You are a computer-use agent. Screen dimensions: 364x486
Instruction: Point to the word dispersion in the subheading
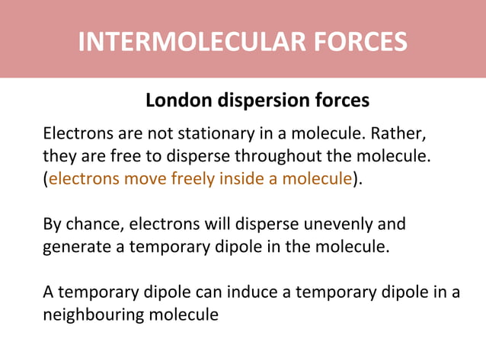click(x=261, y=101)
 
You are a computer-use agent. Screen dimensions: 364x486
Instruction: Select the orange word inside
click(x=237, y=180)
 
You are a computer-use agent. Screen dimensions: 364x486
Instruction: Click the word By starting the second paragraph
click(x=53, y=225)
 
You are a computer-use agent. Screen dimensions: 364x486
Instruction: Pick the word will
click(x=212, y=225)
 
